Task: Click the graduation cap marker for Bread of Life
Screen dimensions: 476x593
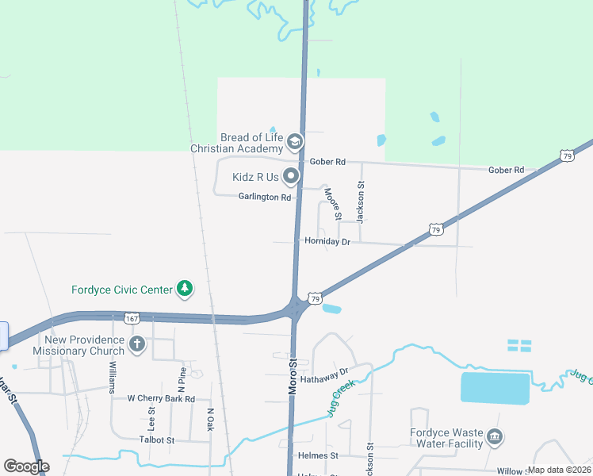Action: [x=295, y=142]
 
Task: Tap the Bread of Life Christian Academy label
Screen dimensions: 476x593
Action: [x=238, y=143]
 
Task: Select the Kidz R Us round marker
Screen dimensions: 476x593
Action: [x=292, y=176]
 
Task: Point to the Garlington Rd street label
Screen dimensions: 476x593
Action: [x=265, y=197]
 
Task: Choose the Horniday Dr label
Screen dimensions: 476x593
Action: [x=327, y=241]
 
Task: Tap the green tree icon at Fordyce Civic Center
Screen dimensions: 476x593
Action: [x=185, y=289]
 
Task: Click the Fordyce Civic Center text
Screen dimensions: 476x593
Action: [x=121, y=290]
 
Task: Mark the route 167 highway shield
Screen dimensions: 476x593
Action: [x=132, y=318]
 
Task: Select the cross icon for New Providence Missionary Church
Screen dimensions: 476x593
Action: [x=136, y=344]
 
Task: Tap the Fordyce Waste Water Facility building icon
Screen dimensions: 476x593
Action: [x=495, y=436]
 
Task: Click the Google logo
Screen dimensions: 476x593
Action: [x=26, y=466]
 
